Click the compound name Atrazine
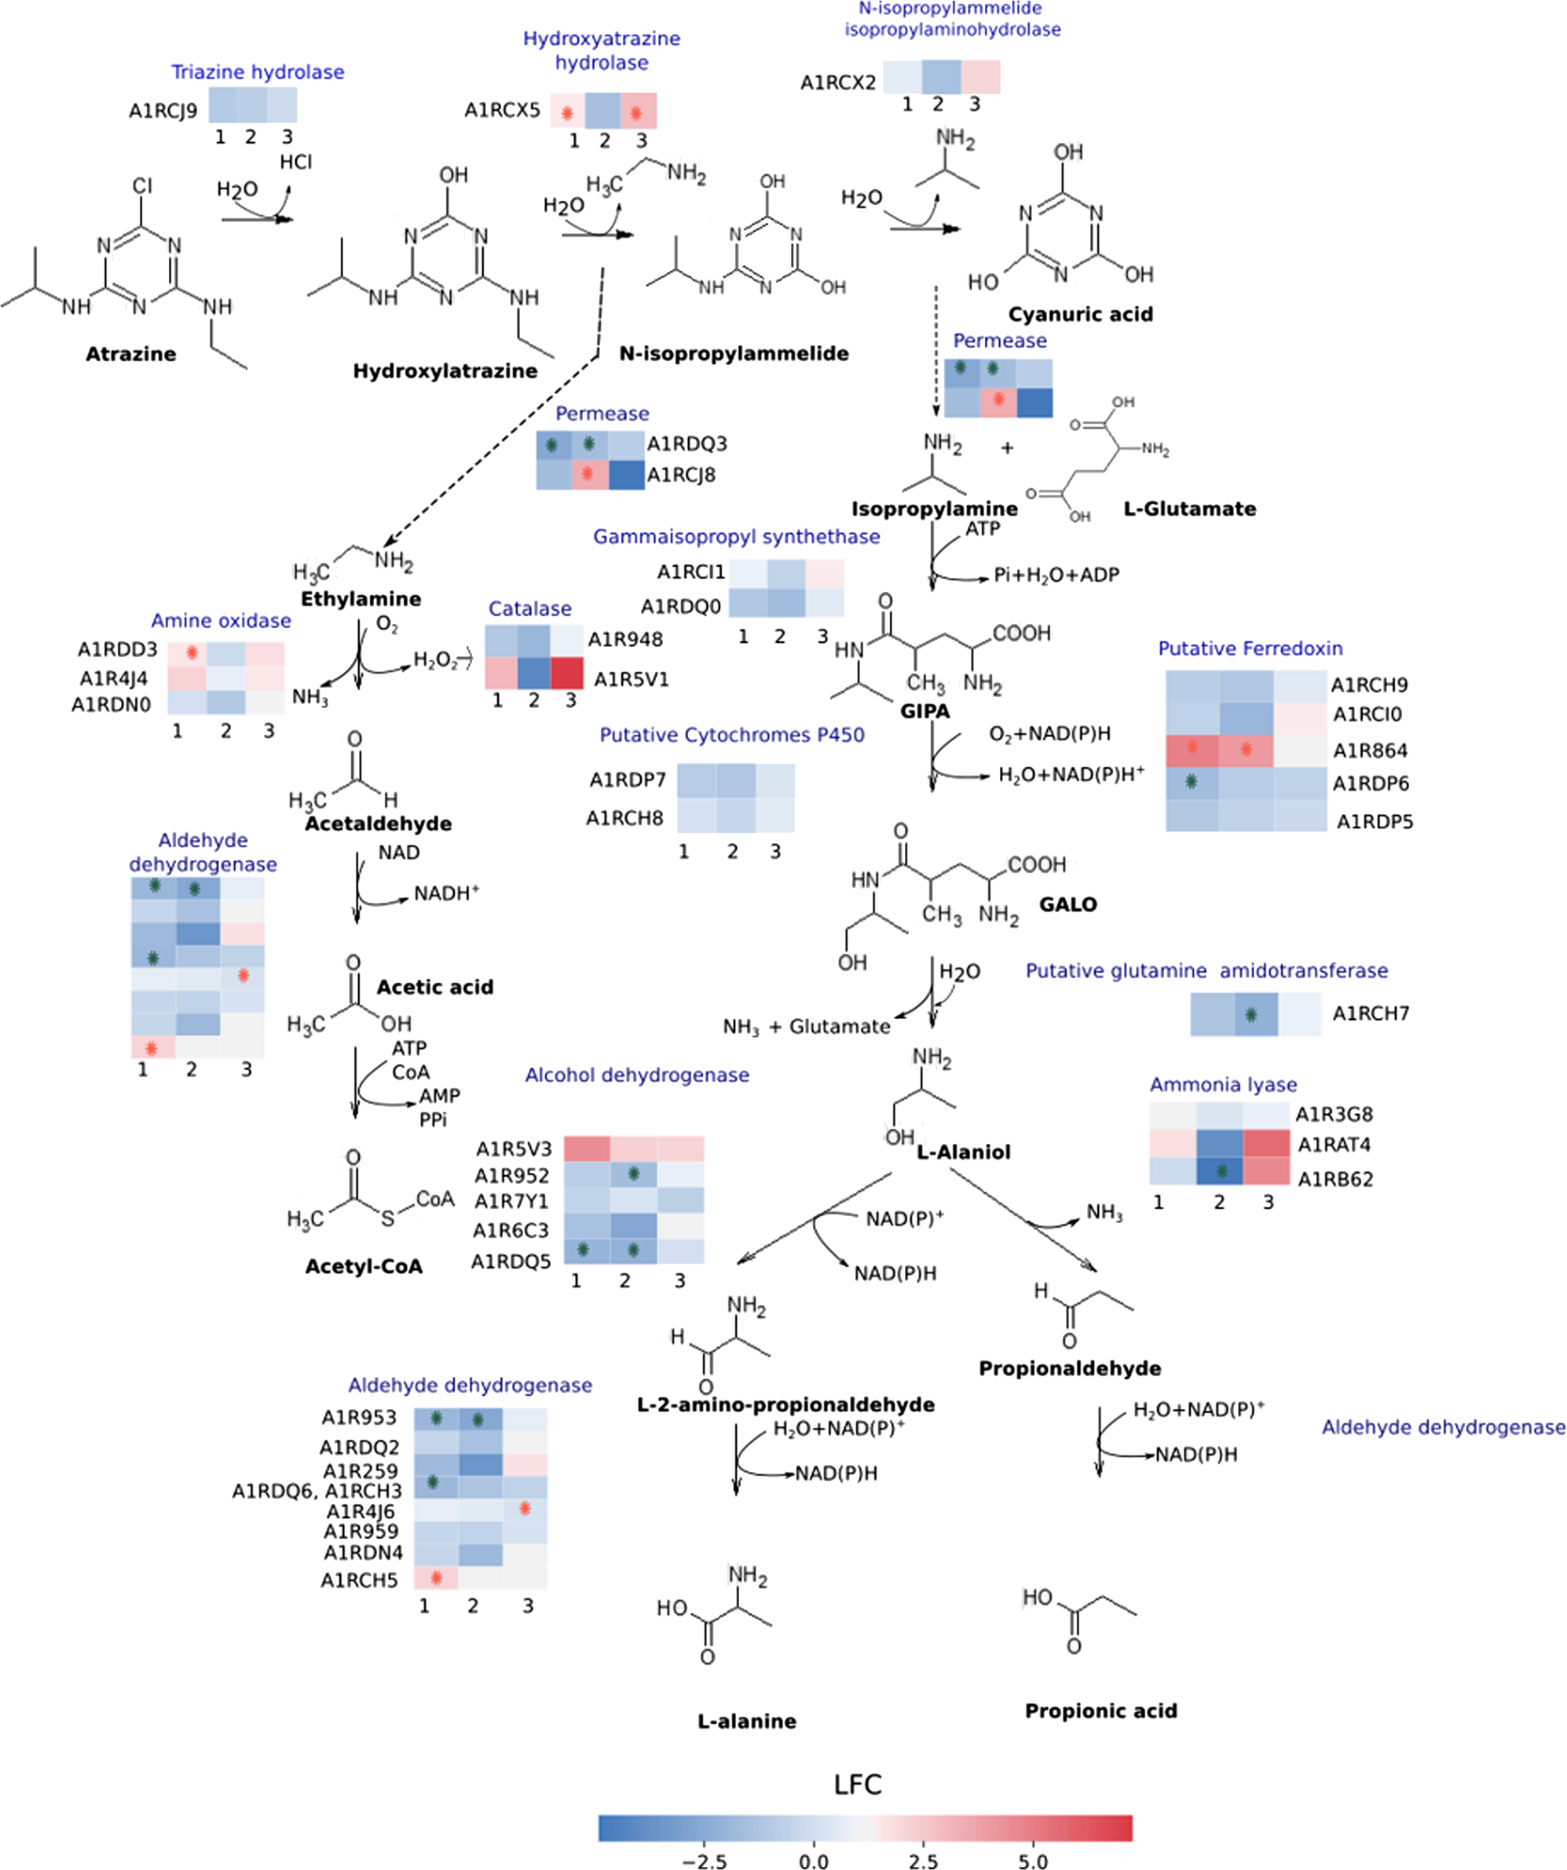(x=130, y=353)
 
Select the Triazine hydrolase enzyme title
(x=258, y=72)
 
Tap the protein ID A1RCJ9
(x=163, y=111)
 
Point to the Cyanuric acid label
(x=1080, y=314)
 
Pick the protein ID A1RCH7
(x=1370, y=1014)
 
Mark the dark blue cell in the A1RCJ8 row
(x=626, y=475)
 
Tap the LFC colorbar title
(x=857, y=1784)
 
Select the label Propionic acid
(x=1100, y=1711)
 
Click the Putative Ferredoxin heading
(x=1250, y=648)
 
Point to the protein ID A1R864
(x=1370, y=751)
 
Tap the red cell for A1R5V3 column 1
(x=586, y=1148)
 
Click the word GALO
(x=1067, y=904)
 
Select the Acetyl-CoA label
(x=364, y=1266)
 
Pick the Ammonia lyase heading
(x=1222, y=1085)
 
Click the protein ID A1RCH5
(x=359, y=1580)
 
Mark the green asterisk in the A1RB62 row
(x=1221, y=1171)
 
